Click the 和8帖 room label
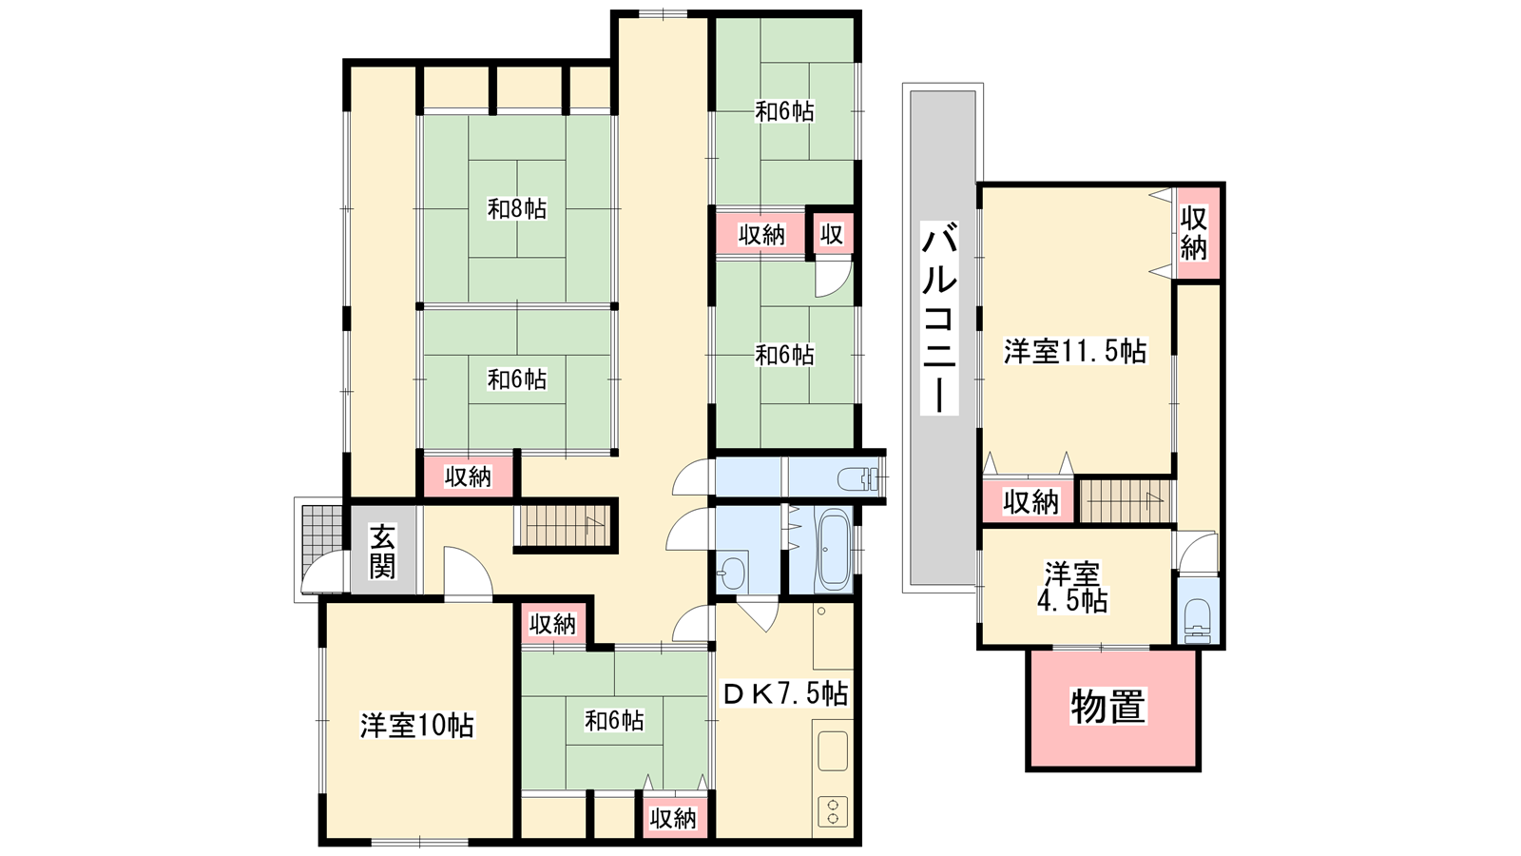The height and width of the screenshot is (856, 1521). click(517, 208)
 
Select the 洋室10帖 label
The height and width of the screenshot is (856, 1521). click(417, 726)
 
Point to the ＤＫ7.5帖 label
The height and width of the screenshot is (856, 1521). click(784, 693)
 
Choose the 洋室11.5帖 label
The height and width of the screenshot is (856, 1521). click(1075, 351)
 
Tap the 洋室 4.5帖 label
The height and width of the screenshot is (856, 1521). click(1072, 588)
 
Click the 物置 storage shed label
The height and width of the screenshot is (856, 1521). click(1108, 707)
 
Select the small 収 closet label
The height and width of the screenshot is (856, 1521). click(832, 234)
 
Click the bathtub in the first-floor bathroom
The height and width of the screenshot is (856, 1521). click(835, 552)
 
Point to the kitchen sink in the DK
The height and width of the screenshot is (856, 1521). click(833, 750)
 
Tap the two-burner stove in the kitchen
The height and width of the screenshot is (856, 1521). click(833, 811)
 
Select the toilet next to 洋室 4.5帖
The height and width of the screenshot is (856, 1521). click(1197, 621)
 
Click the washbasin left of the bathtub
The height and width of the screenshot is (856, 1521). click(732, 574)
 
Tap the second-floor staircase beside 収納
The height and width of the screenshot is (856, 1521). click(1126, 501)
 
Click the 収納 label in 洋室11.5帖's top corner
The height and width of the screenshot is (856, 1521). click(1193, 233)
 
